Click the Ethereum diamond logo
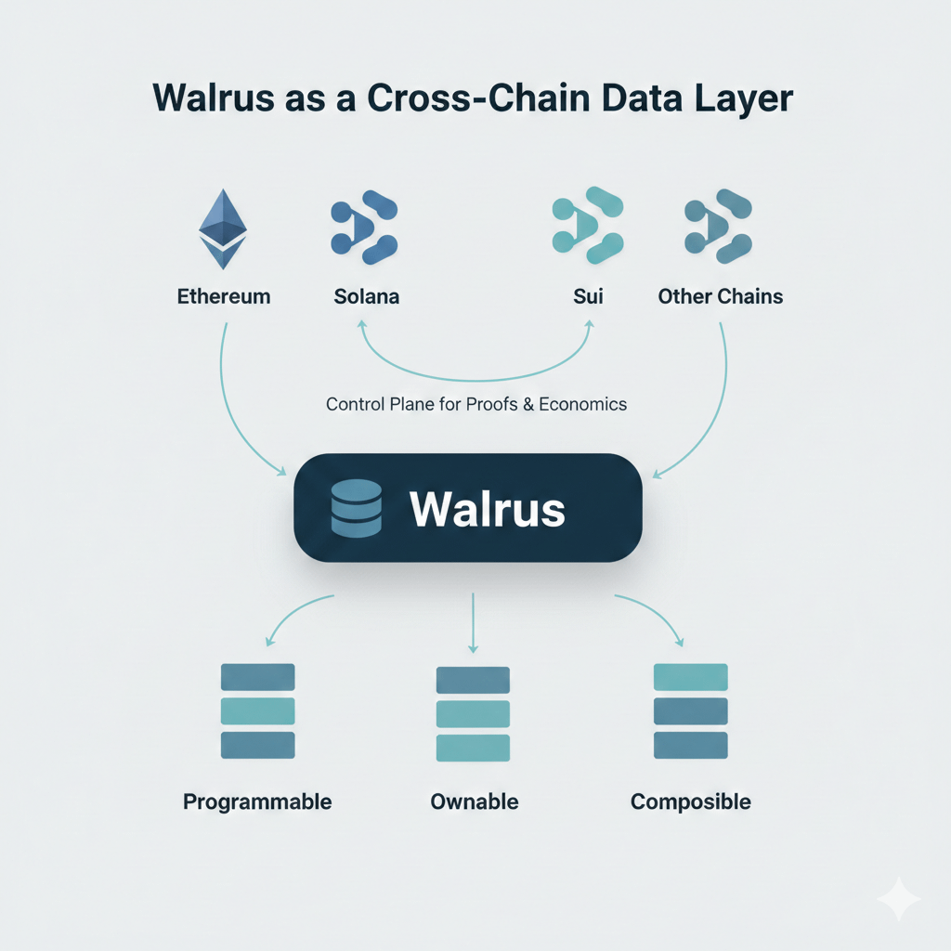coord(224,228)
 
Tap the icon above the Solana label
coord(364,224)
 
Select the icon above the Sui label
coord(587,224)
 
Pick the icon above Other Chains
coord(719,224)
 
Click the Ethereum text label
coord(224,297)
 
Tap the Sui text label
coord(588,297)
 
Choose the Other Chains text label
coord(720,297)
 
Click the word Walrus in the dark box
coord(487,508)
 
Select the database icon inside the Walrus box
coord(356,508)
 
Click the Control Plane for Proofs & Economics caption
coord(476,404)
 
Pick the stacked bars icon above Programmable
coord(257,710)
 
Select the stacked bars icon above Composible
coord(690,710)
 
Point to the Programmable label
coord(257,801)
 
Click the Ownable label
coord(475,801)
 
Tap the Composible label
coord(690,801)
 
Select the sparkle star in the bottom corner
coord(898,898)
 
